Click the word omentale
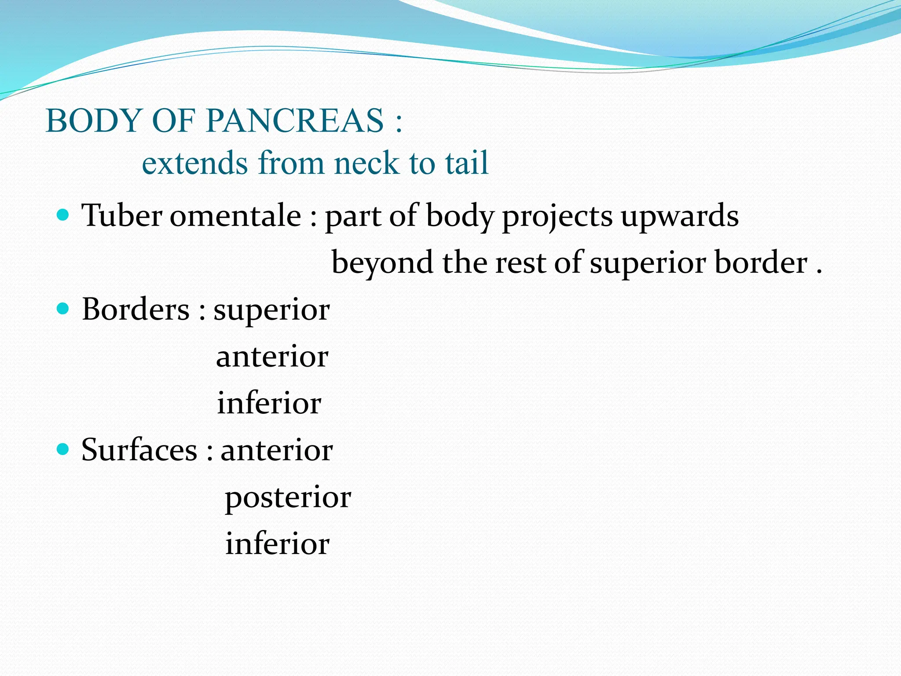pos(235,216)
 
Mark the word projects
pos(557,217)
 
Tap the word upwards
pos(679,217)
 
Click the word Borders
pos(136,309)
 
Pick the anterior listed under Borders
pos(272,356)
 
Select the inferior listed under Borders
pos(269,403)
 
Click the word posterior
pos(288,497)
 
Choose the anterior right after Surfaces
pos(276,450)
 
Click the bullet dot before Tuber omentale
pos(63,215)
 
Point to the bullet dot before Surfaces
pos(63,449)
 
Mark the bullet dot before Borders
pos(63,309)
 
